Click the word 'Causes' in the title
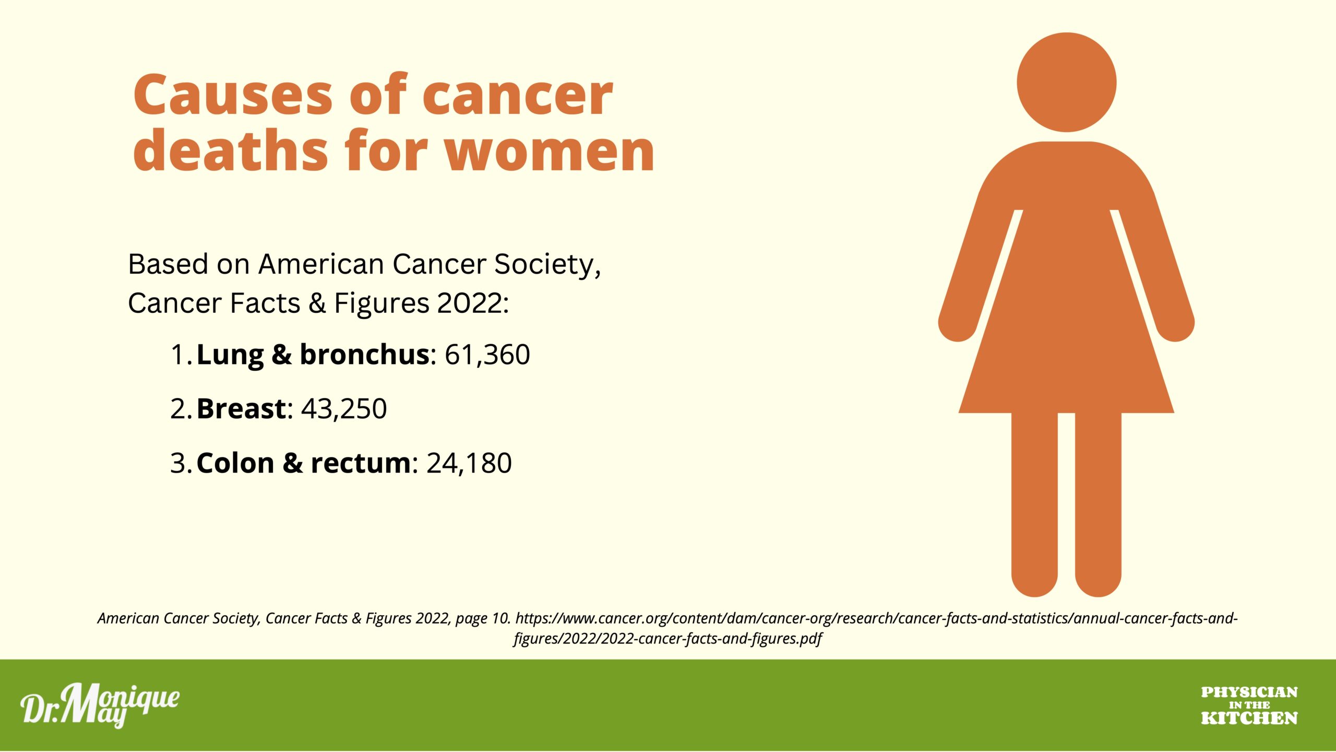pyautogui.click(x=233, y=95)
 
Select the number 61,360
pyautogui.click(x=487, y=355)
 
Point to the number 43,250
pyautogui.click(x=344, y=409)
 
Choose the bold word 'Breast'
pyautogui.click(x=242, y=408)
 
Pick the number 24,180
pyautogui.click(x=469, y=463)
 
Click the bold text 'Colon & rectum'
pyautogui.click(x=304, y=463)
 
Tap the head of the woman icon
pyautogui.click(x=1067, y=83)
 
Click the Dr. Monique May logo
pyautogui.click(x=100, y=706)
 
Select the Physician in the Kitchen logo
pyautogui.click(x=1249, y=706)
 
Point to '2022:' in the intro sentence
pyautogui.click(x=473, y=303)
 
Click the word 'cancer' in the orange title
pyautogui.click(x=518, y=95)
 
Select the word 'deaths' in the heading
pyautogui.click(x=231, y=152)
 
